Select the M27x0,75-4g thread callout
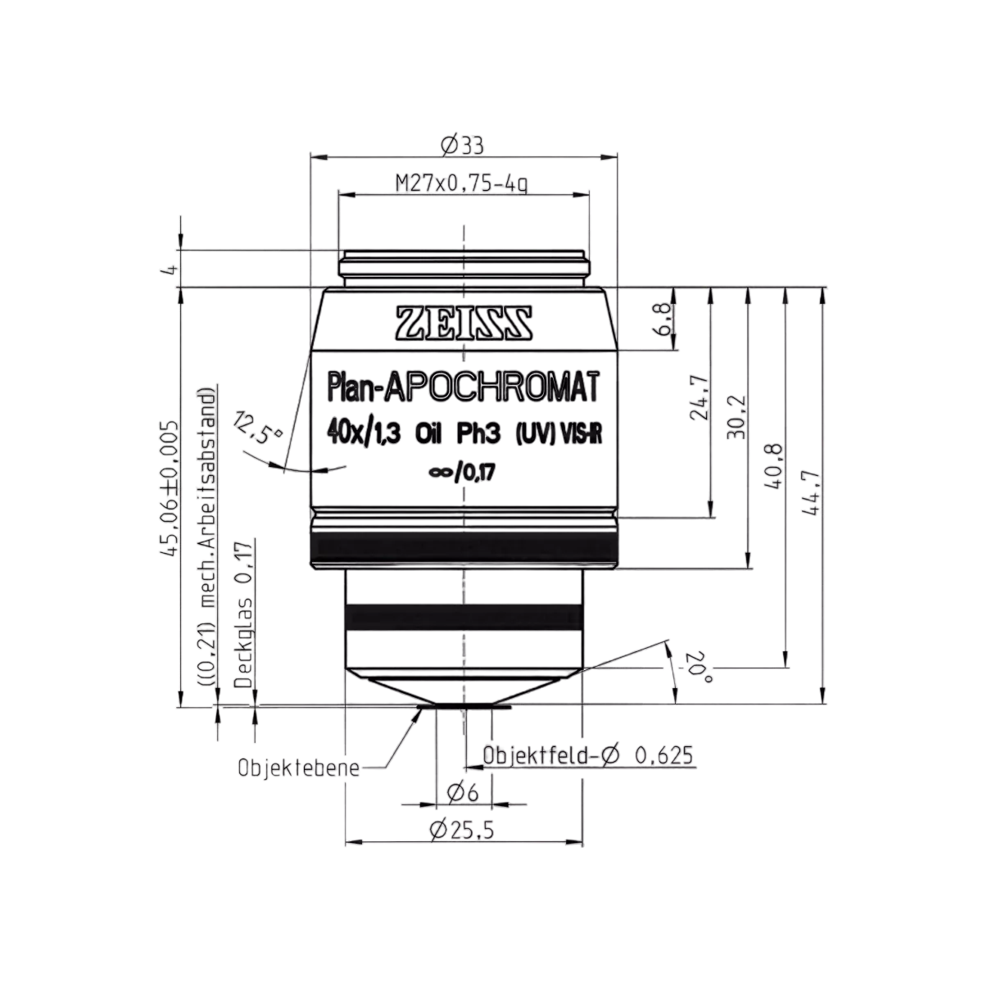pos(462,183)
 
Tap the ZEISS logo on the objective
pos(464,323)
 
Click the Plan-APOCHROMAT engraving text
pos(463,388)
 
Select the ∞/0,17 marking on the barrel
pos(462,473)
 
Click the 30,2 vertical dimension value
pos(736,417)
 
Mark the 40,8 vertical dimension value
pos(773,466)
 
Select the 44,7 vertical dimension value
pos(811,492)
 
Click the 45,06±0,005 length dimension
pos(169,488)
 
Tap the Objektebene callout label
pos(299,768)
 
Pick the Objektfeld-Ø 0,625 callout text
pos(588,755)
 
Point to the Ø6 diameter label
pos(463,793)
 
